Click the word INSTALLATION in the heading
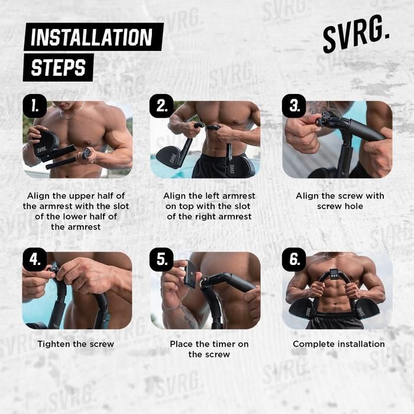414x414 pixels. pos(92,37)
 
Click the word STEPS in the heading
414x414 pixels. pos(59,67)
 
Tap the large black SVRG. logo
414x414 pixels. pos(356,34)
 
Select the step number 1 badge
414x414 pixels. pos(34,106)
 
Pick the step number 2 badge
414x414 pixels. pos(161,106)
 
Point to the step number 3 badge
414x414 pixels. pos(294,106)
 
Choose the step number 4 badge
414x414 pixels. pos(34,260)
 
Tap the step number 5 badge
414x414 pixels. pos(161,260)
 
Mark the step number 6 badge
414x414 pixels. pos(294,260)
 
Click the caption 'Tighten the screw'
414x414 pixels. pos(76,344)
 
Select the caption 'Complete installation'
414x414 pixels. pos(339,344)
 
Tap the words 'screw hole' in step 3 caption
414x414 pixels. pos(340,206)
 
